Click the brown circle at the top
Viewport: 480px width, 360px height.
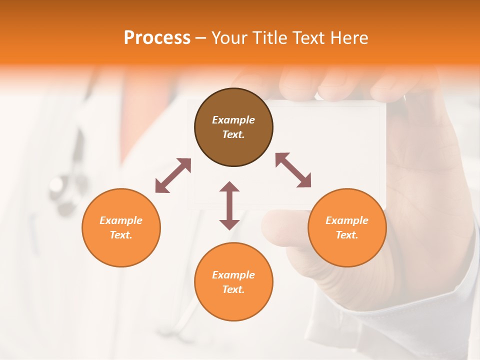point(233,127)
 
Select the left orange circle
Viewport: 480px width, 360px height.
point(121,227)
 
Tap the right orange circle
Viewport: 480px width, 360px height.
point(347,227)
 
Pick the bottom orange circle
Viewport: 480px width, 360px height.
point(233,282)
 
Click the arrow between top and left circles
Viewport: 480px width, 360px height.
point(173,175)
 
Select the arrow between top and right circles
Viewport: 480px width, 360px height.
point(293,170)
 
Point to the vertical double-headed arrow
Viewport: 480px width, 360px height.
point(229,205)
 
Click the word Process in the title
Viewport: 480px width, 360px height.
point(157,37)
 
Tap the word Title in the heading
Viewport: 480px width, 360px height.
point(271,37)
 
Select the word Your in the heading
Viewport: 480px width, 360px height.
point(230,37)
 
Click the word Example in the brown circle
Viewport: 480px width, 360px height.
point(233,120)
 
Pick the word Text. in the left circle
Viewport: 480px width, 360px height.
point(121,235)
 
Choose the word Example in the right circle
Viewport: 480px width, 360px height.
point(347,220)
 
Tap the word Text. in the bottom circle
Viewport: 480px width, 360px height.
point(233,289)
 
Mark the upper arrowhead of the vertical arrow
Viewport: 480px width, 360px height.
point(229,186)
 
